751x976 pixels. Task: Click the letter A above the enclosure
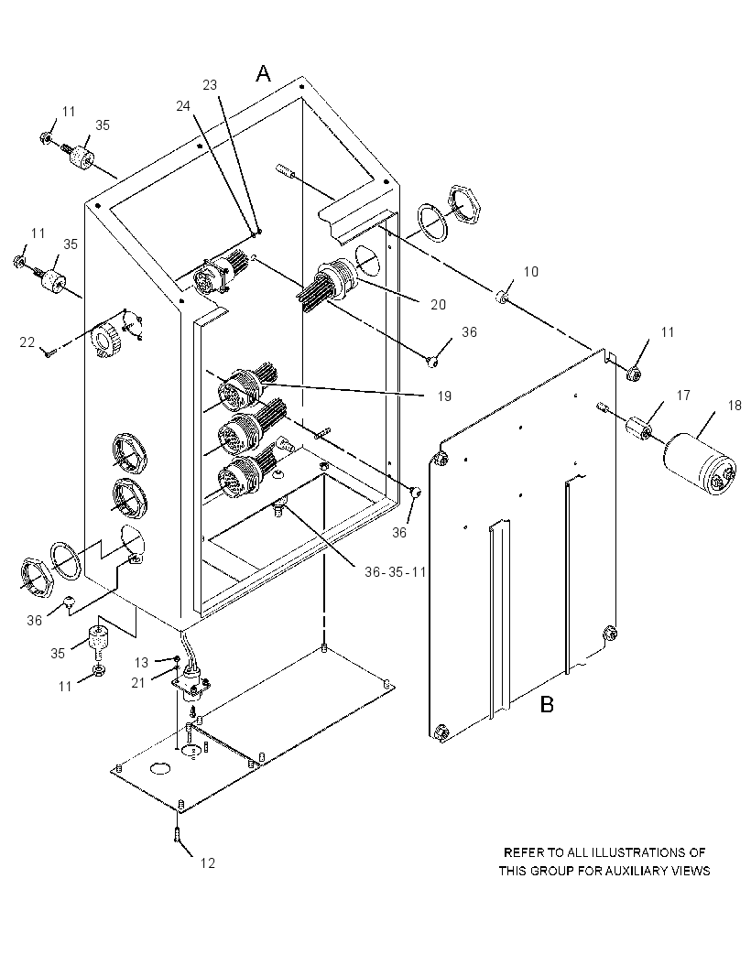[x=264, y=74]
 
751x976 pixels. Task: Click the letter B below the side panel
[x=547, y=705]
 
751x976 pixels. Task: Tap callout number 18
[x=735, y=406]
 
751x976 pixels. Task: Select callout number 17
[x=683, y=396]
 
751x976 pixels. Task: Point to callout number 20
[x=439, y=304]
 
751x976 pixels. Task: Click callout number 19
[x=444, y=396]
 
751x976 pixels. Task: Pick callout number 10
[x=530, y=271]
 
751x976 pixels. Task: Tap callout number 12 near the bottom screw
[x=207, y=862]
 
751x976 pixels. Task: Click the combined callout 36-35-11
[x=395, y=571]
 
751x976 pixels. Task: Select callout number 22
[x=27, y=342]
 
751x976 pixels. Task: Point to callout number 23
[x=210, y=84]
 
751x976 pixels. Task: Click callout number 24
[x=183, y=106]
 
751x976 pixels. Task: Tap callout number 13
[x=142, y=662]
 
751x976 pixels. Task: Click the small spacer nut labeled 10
[x=501, y=298]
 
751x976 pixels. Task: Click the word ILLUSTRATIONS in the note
[x=635, y=852]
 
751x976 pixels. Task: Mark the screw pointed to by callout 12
[x=179, y=833]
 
